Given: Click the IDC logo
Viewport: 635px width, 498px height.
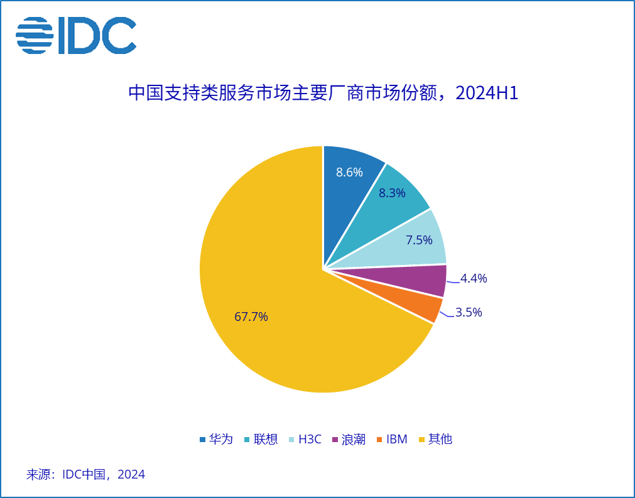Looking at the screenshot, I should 76,35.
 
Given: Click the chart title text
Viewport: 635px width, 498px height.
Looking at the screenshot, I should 323,93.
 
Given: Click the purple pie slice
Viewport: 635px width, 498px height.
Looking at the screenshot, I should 421,281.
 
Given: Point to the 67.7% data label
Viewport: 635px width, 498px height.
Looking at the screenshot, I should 251,317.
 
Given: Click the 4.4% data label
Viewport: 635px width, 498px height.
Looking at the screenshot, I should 474,278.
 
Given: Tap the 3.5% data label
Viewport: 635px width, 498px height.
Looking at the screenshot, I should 469,312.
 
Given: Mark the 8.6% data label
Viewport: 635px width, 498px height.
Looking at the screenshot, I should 349,172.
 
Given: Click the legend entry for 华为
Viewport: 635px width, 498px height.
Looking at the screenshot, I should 216,439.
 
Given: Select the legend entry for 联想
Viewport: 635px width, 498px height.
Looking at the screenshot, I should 261,439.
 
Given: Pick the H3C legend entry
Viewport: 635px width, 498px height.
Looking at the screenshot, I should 305,439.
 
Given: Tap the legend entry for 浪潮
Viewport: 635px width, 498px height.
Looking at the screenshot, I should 349,439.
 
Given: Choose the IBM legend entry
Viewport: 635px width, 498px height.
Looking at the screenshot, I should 392,439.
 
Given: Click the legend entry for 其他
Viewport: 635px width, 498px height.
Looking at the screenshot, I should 435,439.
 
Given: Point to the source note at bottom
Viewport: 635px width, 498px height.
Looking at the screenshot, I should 85,474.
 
